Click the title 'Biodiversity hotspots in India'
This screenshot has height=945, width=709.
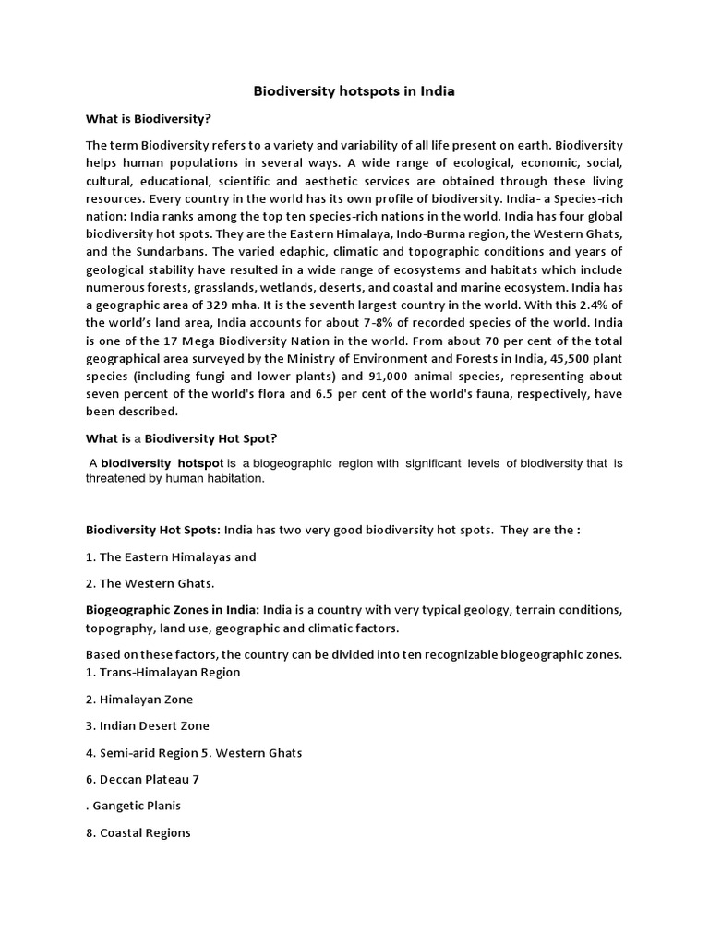(x=354, y=91)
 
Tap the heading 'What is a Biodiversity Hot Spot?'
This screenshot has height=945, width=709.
(x=168, y=438)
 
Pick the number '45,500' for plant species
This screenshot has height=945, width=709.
(x=558, y=359)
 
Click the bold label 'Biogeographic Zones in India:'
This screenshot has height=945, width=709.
(x=173, y=611)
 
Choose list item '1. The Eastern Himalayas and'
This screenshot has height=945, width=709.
(x=171, y=556)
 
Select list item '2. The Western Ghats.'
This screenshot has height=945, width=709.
(x=150, y=583)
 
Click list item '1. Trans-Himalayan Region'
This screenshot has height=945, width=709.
(x=162, y=672)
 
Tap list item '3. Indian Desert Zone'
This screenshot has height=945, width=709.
(x=148, y=725)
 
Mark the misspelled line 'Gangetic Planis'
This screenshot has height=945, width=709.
(x=136, y=806)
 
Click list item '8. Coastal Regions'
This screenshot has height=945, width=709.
(x=138, y=832)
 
